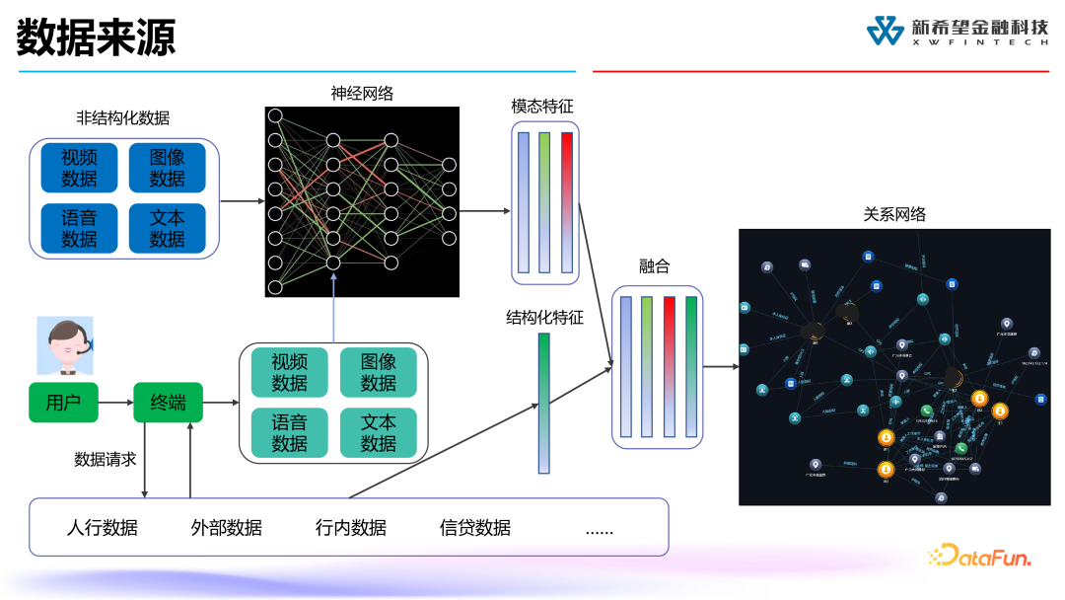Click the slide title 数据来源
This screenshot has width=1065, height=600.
pos(96,37)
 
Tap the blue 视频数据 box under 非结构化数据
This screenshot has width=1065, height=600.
pos(79,168)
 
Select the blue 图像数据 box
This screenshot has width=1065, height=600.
pos(167,168)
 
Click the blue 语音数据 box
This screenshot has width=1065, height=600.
pos(79,228)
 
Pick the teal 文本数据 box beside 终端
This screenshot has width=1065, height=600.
pos(378,432)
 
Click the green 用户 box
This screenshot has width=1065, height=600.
pos(63,403)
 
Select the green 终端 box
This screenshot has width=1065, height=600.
pos(168,403)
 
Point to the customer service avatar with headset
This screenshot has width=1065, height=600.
pos(65,345)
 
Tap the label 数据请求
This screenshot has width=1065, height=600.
pos(105,459)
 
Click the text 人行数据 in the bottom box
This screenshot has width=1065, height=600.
pos(103,527)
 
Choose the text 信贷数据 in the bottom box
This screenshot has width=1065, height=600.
pos(475,527)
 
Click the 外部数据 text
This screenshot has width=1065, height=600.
pos(227,527)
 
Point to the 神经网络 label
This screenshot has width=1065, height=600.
pos(362,94)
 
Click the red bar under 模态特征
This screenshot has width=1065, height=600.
pos(567,201)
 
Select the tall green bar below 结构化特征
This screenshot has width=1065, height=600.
pos(543,403)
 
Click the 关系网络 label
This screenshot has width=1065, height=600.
pos(894,214)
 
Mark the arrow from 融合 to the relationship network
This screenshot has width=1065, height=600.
pos(721,366)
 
